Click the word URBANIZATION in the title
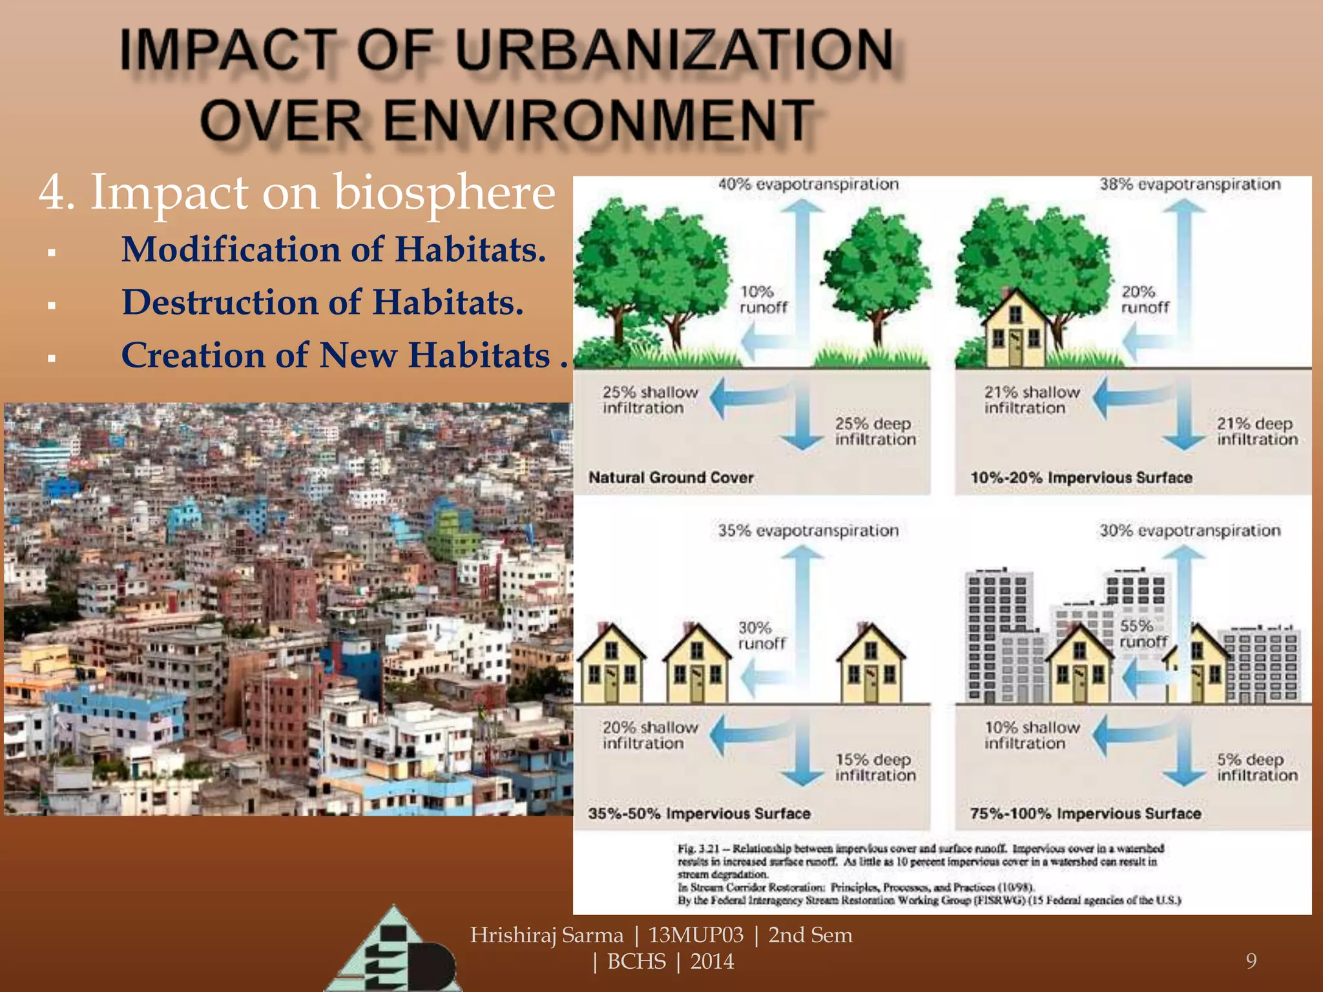coord(674,50)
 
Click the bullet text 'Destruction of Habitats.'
coord(322,302)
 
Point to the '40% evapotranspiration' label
coord(808,185)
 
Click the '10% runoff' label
coord(762,300)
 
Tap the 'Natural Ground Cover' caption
coord(671,477)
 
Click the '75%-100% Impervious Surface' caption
coord(1085,814)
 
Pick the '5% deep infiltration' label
coord(1256,767)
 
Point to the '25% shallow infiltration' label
coord(649,400)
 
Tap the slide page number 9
coord(1251,961)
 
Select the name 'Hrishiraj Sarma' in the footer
coord(547,935)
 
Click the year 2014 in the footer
coord(712,962)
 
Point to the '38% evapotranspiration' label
coord(1190,185)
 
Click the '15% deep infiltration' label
coord(875,767)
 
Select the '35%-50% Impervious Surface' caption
coord(699,814)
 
